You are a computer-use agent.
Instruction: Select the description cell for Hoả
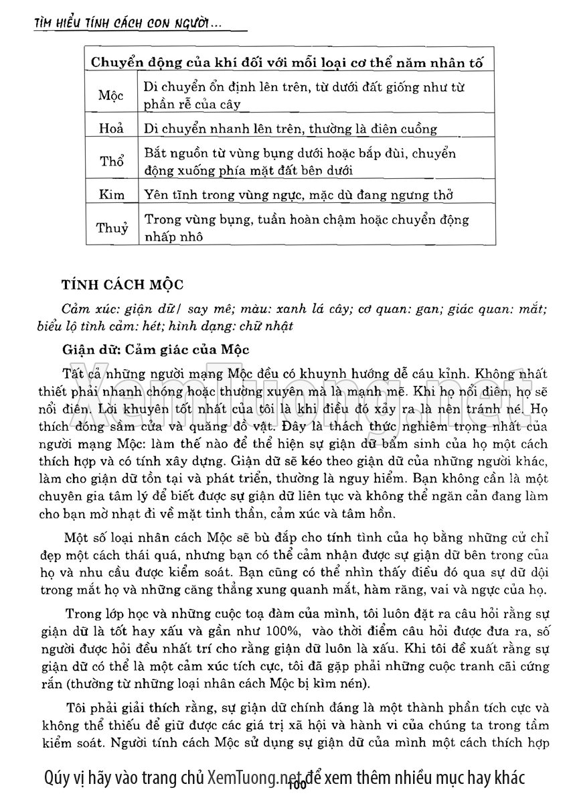(291, 129)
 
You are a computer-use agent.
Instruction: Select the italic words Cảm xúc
(84, 308)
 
